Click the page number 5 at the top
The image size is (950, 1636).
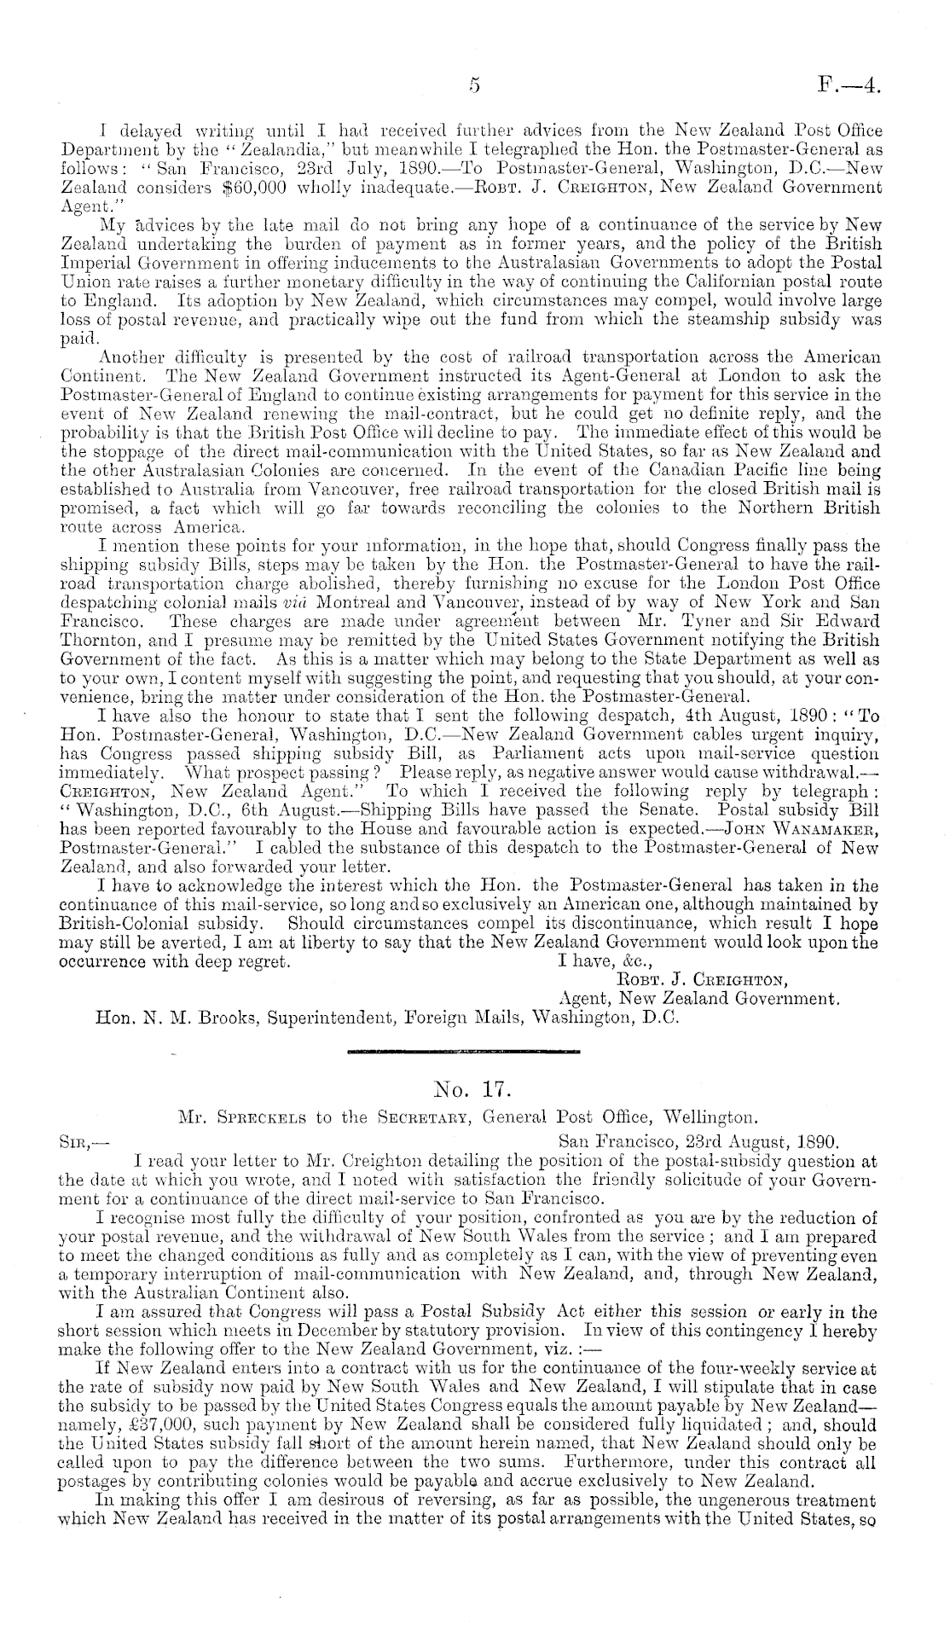475,85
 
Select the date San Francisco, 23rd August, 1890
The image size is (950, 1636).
698,1140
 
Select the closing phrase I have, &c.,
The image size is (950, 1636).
600,960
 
